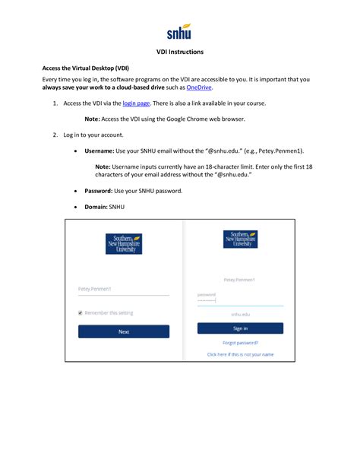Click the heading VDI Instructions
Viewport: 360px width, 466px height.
180,52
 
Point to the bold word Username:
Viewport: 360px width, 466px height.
99,151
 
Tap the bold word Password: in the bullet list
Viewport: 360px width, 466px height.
99,191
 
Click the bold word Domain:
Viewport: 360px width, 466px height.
96,206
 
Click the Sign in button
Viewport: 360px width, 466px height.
240,328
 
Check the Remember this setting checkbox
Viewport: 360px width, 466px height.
81,312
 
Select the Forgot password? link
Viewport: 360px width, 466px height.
240,343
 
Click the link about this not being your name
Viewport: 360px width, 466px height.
240,354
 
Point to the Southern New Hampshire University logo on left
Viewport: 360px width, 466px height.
124,243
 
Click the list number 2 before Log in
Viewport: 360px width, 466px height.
55,135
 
